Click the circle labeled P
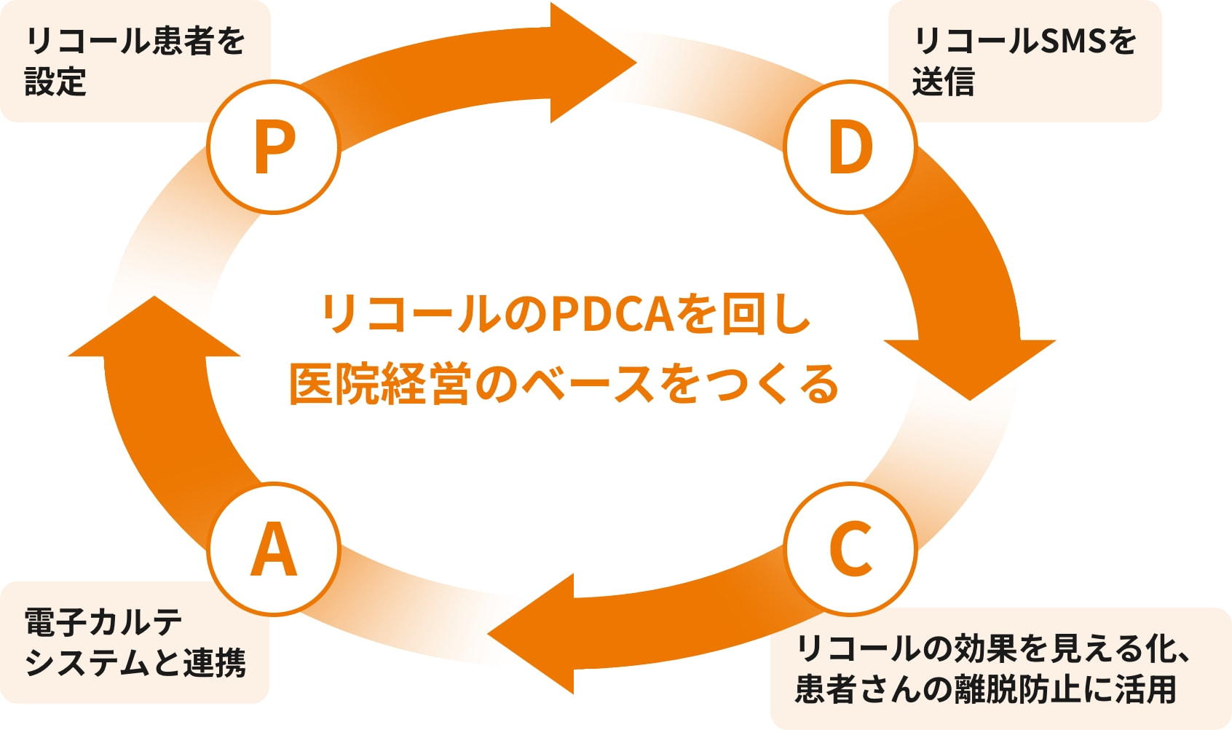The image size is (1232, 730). (x=274, y=147)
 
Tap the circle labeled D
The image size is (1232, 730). (x=850, y=147)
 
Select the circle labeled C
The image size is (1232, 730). (x=850, y=549)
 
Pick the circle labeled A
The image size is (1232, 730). (x=274, y=549)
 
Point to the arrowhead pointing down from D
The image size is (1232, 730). (x=970, y=364)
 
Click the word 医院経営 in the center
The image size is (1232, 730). (x=379, y=384)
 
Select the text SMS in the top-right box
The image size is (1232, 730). (x=1074, y=41)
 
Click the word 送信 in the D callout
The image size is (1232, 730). (x=943, y=82)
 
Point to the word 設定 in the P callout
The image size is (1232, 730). (x=55, y=82)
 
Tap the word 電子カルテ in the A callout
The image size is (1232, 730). (x=103, y=621)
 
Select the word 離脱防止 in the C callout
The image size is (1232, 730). (x=1016, y=688)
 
